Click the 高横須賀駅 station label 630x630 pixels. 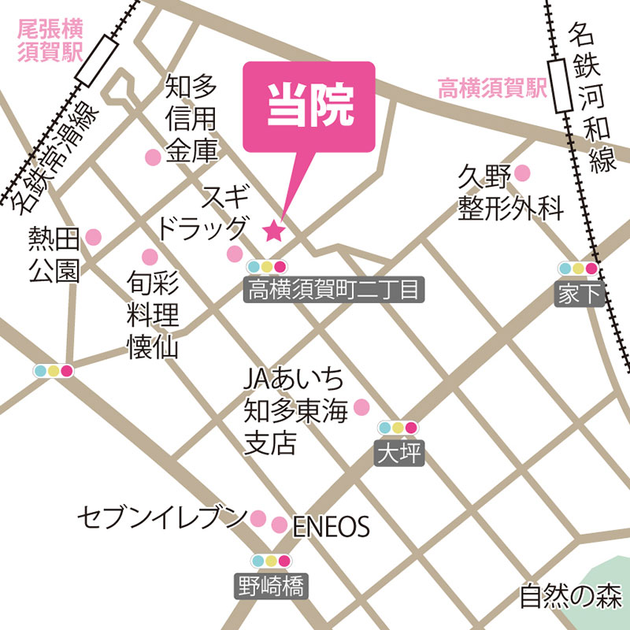click(492, 88)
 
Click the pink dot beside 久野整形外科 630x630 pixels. click(522, 172)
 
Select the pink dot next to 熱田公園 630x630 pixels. click(94, 236)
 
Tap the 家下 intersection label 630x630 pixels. click(579, 295)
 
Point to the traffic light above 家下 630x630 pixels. click(579, 269)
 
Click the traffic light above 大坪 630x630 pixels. click(398, 428)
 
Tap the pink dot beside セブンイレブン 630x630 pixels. click(258, 517)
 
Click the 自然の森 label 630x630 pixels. click(571, 595)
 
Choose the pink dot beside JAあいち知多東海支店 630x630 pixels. click(361, 406)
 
